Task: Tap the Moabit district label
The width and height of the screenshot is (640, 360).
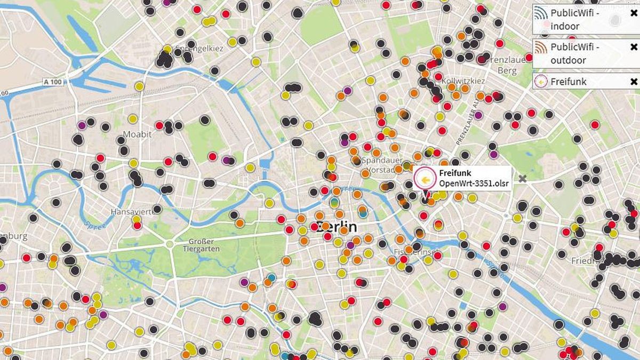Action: pyautogui.click(x=138, y=133)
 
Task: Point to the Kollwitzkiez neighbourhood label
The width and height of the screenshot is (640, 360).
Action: pyautogui.click(x=463, y=81)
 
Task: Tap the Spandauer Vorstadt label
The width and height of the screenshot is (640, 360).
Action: pyautogui.click(x=381, y=165)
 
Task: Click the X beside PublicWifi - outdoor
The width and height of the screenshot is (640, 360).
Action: pyautogui.click(x=634, y=47)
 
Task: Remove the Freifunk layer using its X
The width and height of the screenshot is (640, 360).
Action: pyautogui.click(x=634, y=82)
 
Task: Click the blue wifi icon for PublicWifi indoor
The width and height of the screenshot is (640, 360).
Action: pyautogui.click(x=541, y=13)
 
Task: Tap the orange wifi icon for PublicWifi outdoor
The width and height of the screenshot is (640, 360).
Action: pyautogui.click(x=541, y=47)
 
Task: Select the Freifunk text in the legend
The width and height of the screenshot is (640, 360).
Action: pyautogui.click(x=569, y=82)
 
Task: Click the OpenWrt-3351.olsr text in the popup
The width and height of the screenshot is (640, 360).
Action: pyautogui.click(x=474, y=183)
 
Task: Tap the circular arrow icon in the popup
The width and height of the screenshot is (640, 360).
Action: pyautogui.click(x=425, y=179)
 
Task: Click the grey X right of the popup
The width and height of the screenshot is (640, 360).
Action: pyautogui.click(x=523, y=179)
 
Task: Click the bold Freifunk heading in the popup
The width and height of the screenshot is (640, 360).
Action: pyautogui.click(x=455, y=173)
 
